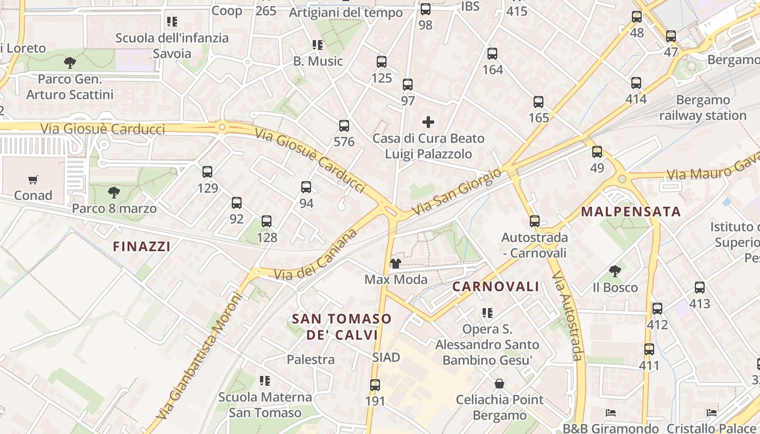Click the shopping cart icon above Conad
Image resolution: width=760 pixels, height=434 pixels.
33,180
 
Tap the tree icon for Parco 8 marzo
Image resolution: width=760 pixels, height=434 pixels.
114,193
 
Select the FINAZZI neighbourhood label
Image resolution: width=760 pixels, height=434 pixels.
142,246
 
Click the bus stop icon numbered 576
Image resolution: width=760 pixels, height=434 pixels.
344,126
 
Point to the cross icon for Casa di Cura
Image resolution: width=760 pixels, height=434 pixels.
428,122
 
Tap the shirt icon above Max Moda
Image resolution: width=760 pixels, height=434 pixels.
395,264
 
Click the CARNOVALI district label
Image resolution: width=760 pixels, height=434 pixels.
496,286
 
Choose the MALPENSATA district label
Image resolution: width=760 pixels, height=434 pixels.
631,212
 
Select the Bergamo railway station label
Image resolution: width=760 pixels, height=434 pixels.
703,107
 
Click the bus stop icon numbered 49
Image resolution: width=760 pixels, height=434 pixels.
597,152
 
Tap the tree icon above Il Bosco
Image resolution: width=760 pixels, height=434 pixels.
615,271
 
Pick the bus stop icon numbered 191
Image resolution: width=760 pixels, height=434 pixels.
375,385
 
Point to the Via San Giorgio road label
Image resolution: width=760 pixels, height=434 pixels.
456,192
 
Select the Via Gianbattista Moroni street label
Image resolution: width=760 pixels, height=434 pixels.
199,357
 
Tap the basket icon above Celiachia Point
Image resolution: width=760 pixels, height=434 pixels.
499,384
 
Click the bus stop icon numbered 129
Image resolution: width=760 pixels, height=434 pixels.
207,172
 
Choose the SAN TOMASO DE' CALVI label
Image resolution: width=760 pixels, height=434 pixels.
341,327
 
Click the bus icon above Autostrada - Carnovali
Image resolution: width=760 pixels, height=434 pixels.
535,221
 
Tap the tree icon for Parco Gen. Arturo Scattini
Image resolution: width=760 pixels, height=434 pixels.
70,63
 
